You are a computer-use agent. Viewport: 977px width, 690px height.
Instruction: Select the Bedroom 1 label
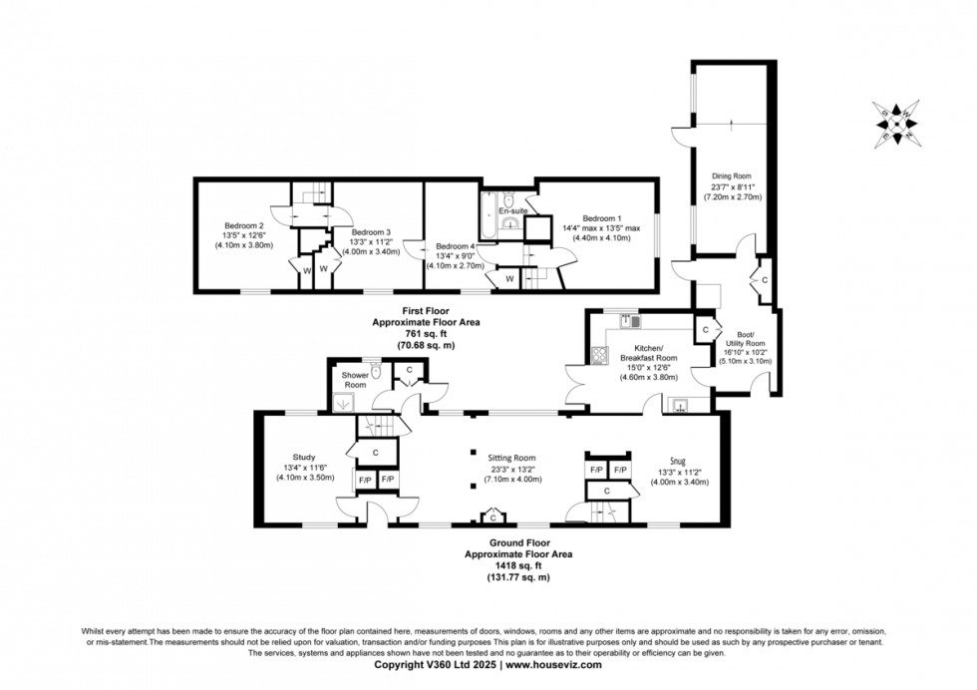click(602, 218)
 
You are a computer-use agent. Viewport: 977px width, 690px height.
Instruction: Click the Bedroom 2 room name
click(243, 225)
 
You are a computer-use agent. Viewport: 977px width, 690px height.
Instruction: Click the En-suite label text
click(512, 211)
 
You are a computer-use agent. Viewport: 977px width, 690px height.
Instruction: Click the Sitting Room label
click(512, 459)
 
